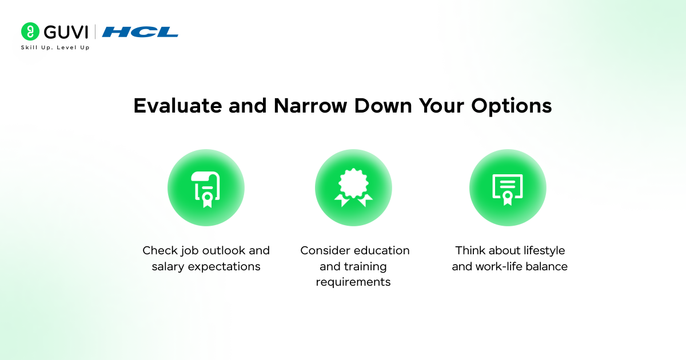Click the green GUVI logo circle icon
click(30, 31)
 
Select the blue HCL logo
click(140, 32)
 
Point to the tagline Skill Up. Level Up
click(55, 47)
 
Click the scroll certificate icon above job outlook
click(206, 189)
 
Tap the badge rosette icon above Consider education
click(353, 189)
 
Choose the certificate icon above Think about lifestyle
click(508, 189)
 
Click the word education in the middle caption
click(381, 251)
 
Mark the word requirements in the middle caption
click(353, 282)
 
